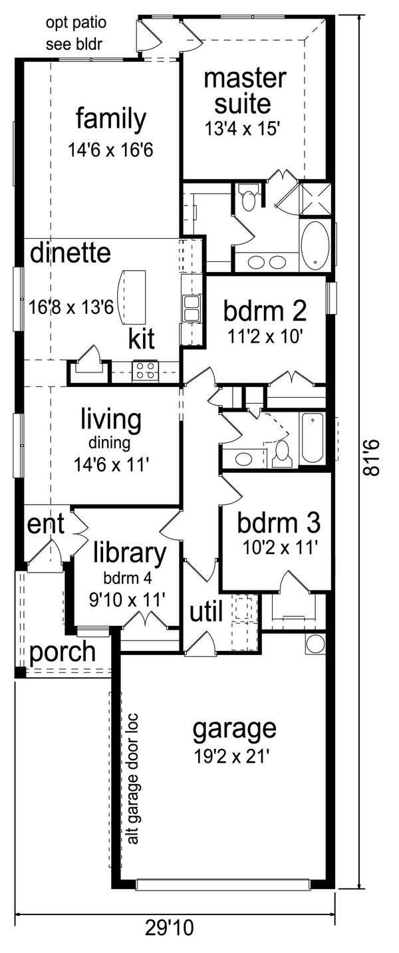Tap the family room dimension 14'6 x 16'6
[110, 150]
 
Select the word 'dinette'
[70, 253]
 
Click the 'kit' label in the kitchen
[142, 339]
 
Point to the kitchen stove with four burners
[145, 371]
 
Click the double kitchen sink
[192, 308]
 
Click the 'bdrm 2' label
[264, 311]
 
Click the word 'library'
[129, 553]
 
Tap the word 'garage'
[234, 729]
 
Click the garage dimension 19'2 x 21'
[234, 755]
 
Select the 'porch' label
[63, 652]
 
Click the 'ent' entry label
[46, 525]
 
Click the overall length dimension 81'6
[376, 458]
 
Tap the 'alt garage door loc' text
[133, 779]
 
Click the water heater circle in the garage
[315, 643]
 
